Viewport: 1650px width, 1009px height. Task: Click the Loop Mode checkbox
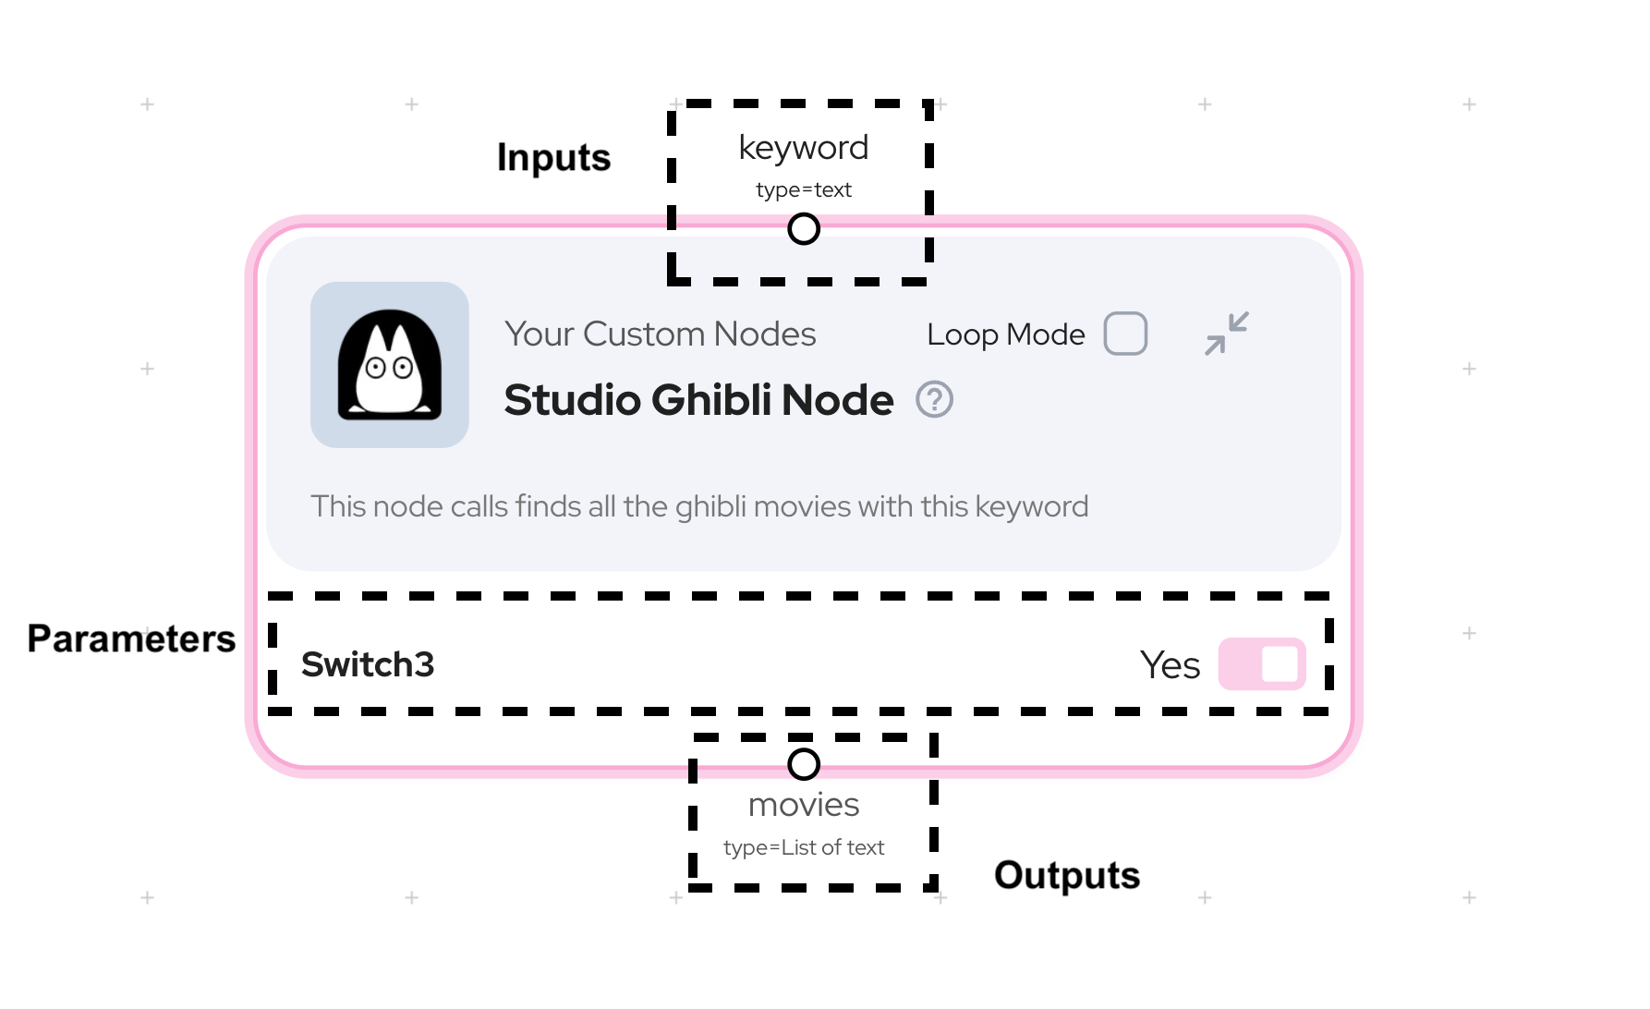click(x=1125, y=334)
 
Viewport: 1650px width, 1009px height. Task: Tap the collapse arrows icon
click(x=1227, y=334)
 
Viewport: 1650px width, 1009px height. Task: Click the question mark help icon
click(x=934, y=400)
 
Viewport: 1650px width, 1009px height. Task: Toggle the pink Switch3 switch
click(x=1261, y=664)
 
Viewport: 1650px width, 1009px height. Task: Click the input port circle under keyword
click(x=804, y=228)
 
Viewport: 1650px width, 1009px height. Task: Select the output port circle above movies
click(x=804, y=764)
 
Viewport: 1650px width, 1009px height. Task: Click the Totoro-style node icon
click(x=390, y=365)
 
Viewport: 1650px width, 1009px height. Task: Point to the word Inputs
click(x=553, y=157)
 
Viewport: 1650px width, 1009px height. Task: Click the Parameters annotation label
click(x=131, y=638)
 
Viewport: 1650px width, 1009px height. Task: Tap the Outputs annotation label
click(x=1066, y=875)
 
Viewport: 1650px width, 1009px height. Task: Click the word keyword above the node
click(x=804, y=148)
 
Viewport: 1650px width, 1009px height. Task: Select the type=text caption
click(x=804, y=189)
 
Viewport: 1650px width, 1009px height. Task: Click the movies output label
click(x=804, y=805)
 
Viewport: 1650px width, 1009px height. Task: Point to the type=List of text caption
click(x=804, y=847)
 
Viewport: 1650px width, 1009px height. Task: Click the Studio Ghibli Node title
click(x=698, y=400)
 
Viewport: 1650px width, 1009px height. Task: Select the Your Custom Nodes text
click(x=660, y=334)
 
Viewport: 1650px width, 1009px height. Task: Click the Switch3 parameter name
click(x=368, y=664)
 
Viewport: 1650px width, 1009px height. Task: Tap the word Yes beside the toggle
click(x=1170, y=665)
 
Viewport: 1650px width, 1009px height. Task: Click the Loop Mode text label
click(x=1005, y=334)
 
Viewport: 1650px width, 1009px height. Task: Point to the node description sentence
click(x=699, y=506)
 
